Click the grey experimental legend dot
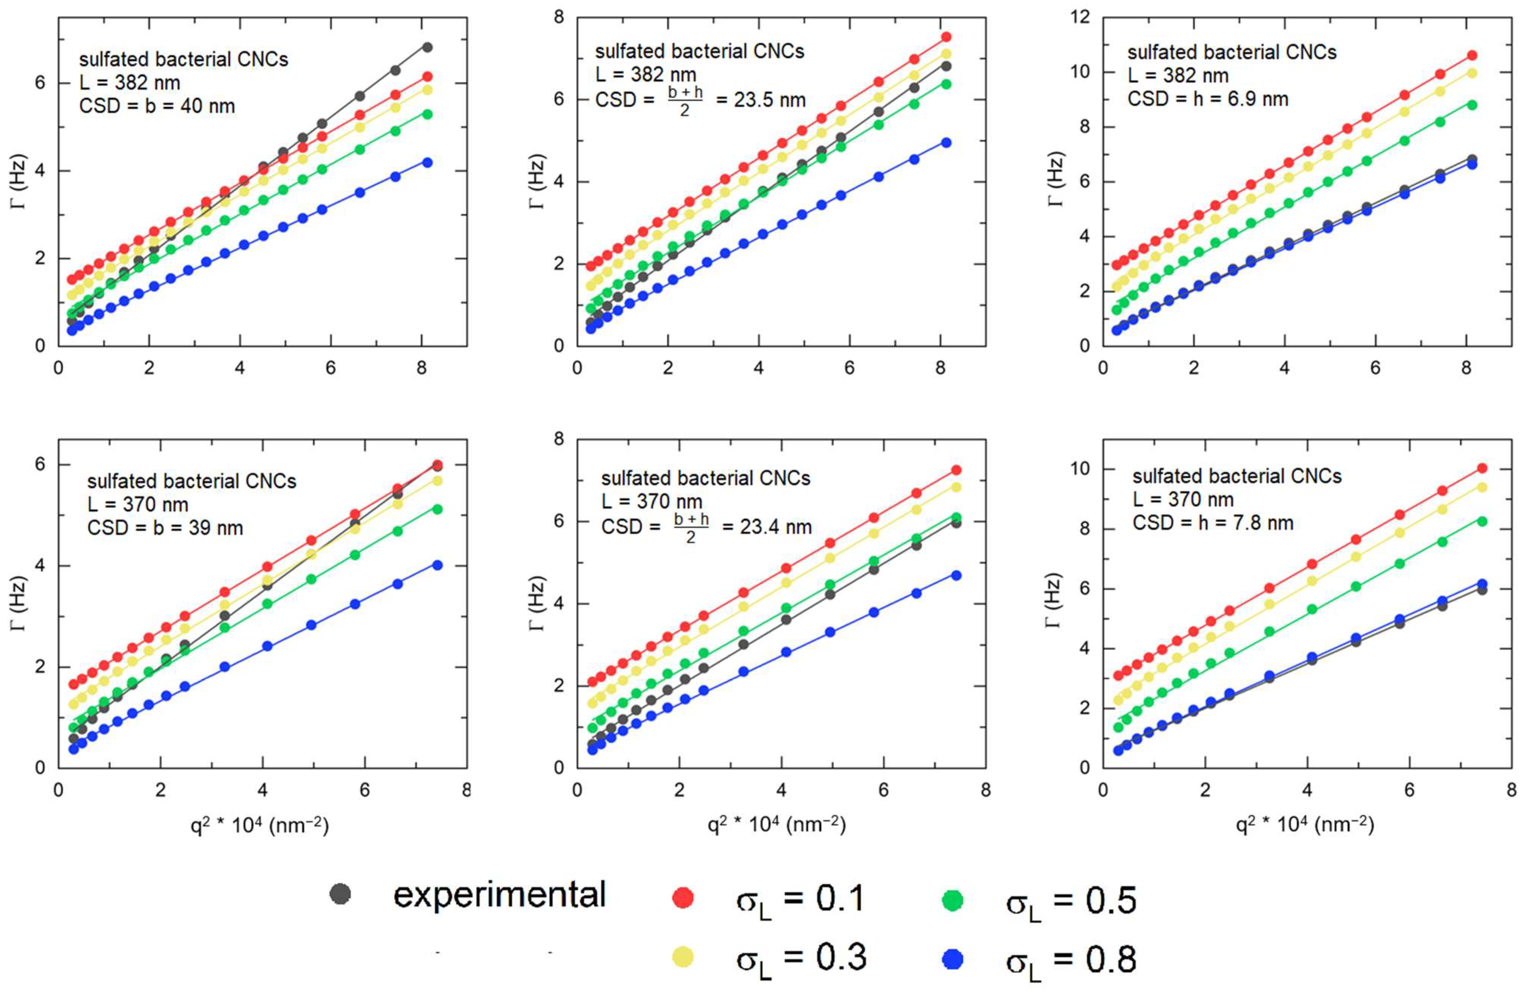point(340,894)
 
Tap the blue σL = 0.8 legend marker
point(953,959)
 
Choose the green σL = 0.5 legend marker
point(953,900)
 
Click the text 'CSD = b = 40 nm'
point(157,106)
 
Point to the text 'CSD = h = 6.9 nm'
point(1208,99)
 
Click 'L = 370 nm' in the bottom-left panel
point(138,504)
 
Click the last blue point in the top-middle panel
point(946,142)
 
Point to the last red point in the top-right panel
point(1472,55)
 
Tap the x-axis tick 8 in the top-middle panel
point(940,368)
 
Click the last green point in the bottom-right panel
point(1482,521)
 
